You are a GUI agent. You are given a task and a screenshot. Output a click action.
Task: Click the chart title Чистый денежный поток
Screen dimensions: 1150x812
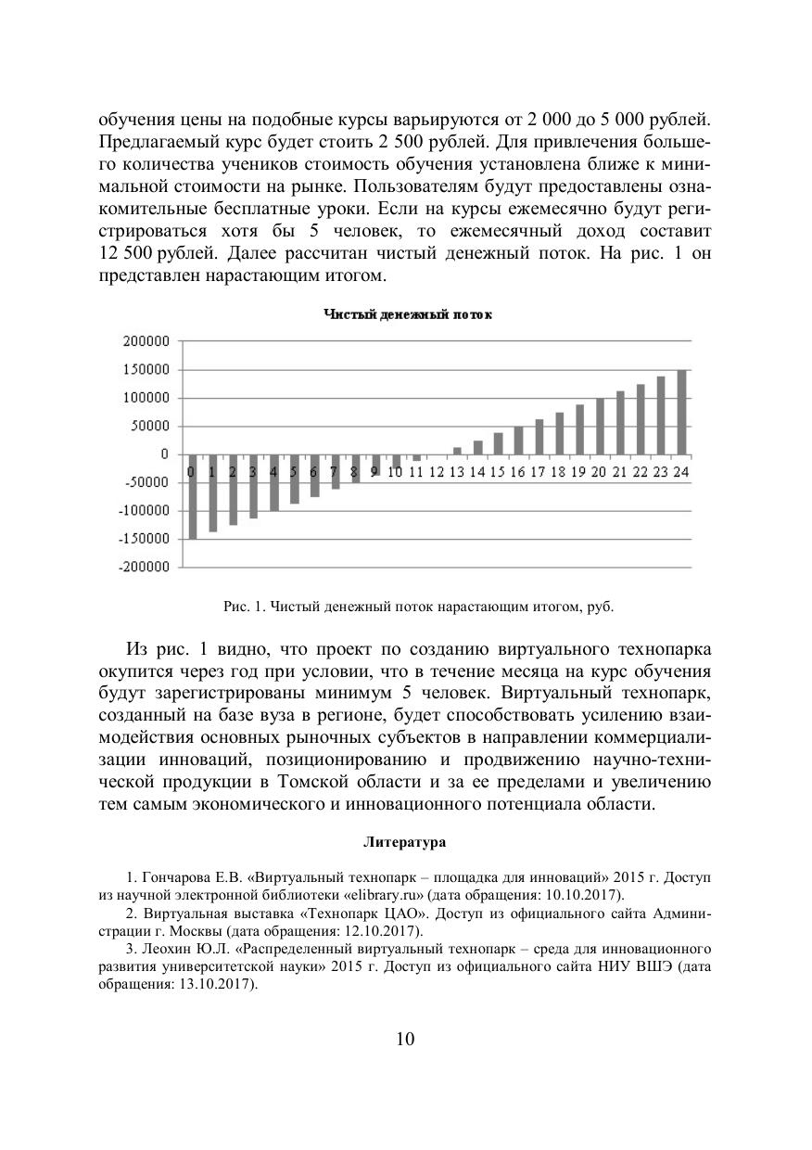[407, 315]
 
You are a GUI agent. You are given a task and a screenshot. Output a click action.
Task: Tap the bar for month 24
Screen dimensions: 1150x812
[681, 413]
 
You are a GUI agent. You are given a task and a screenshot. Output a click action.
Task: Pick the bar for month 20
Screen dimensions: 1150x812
[600, 427]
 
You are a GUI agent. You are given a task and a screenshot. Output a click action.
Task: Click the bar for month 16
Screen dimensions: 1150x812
[518, 441]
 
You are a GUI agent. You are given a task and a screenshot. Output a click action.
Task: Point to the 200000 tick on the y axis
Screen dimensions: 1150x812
[146, 341]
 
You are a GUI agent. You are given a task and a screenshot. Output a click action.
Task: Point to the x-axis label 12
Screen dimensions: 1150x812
[437, 472]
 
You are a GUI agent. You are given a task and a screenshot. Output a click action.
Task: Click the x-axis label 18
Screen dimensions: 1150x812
[559, 472]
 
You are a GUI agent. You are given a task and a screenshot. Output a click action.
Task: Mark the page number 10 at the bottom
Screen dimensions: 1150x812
[406, 1038]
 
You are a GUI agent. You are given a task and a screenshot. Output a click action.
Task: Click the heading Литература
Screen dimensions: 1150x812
[405, 843]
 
